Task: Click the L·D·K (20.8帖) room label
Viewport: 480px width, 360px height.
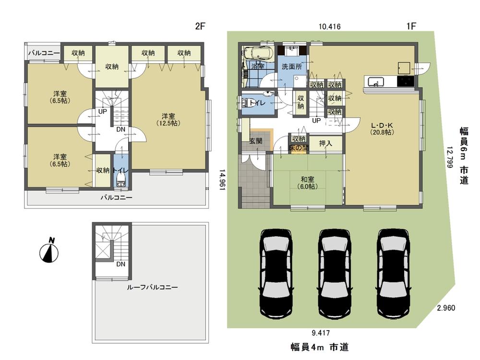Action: point(382,128)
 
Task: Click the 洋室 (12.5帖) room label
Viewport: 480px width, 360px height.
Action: point(168,120)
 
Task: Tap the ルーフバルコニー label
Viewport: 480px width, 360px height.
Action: point(152,287)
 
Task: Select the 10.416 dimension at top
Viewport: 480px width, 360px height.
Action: point(330,27)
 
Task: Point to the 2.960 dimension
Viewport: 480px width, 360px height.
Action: point(446,308)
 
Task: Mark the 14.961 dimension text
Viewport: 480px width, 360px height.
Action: point(223,180)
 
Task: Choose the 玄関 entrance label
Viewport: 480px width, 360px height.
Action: point(255,141)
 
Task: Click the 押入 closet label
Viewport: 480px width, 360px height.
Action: point(325,144)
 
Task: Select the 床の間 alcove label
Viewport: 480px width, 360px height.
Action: point(298,148)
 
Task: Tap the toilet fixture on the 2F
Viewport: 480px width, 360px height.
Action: point(120,179)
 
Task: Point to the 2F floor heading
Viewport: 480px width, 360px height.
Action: point(200,27)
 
